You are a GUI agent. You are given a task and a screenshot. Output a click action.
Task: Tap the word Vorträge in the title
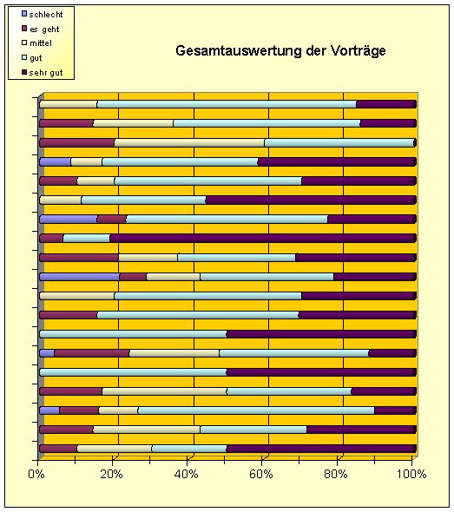[358, 50]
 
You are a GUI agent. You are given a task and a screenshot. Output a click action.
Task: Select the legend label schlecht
[46, 15]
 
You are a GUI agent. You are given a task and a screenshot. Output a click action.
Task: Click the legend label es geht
[44, 30]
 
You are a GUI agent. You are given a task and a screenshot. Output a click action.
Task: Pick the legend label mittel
[41, 43]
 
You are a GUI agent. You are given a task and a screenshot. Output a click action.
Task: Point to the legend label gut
[36, 58]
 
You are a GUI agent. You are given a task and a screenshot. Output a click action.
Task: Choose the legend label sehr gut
[46, 73]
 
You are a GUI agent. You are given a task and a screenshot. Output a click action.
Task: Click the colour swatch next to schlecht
[24, 14]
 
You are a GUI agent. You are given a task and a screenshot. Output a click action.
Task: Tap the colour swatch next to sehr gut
[24, 72]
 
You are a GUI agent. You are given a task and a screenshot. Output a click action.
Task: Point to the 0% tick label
[36, 474]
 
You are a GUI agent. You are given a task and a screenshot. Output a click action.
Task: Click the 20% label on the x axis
[112, 474]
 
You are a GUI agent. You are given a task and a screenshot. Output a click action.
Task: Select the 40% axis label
[187, 474]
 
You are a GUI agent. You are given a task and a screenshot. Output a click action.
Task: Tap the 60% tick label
[261, 474]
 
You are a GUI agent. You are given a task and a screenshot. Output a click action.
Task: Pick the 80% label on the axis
[336, 474]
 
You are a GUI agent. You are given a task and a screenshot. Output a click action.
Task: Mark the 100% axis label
[411, 474]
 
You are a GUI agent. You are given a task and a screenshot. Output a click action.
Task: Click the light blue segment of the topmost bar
[227, 104]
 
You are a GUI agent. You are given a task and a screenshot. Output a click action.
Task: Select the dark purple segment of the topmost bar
[386, 104]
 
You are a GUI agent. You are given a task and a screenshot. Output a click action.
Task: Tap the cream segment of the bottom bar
[115, 449]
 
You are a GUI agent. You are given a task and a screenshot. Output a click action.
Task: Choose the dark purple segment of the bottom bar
[321, 449]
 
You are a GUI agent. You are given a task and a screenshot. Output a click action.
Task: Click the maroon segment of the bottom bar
[58, 449]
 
